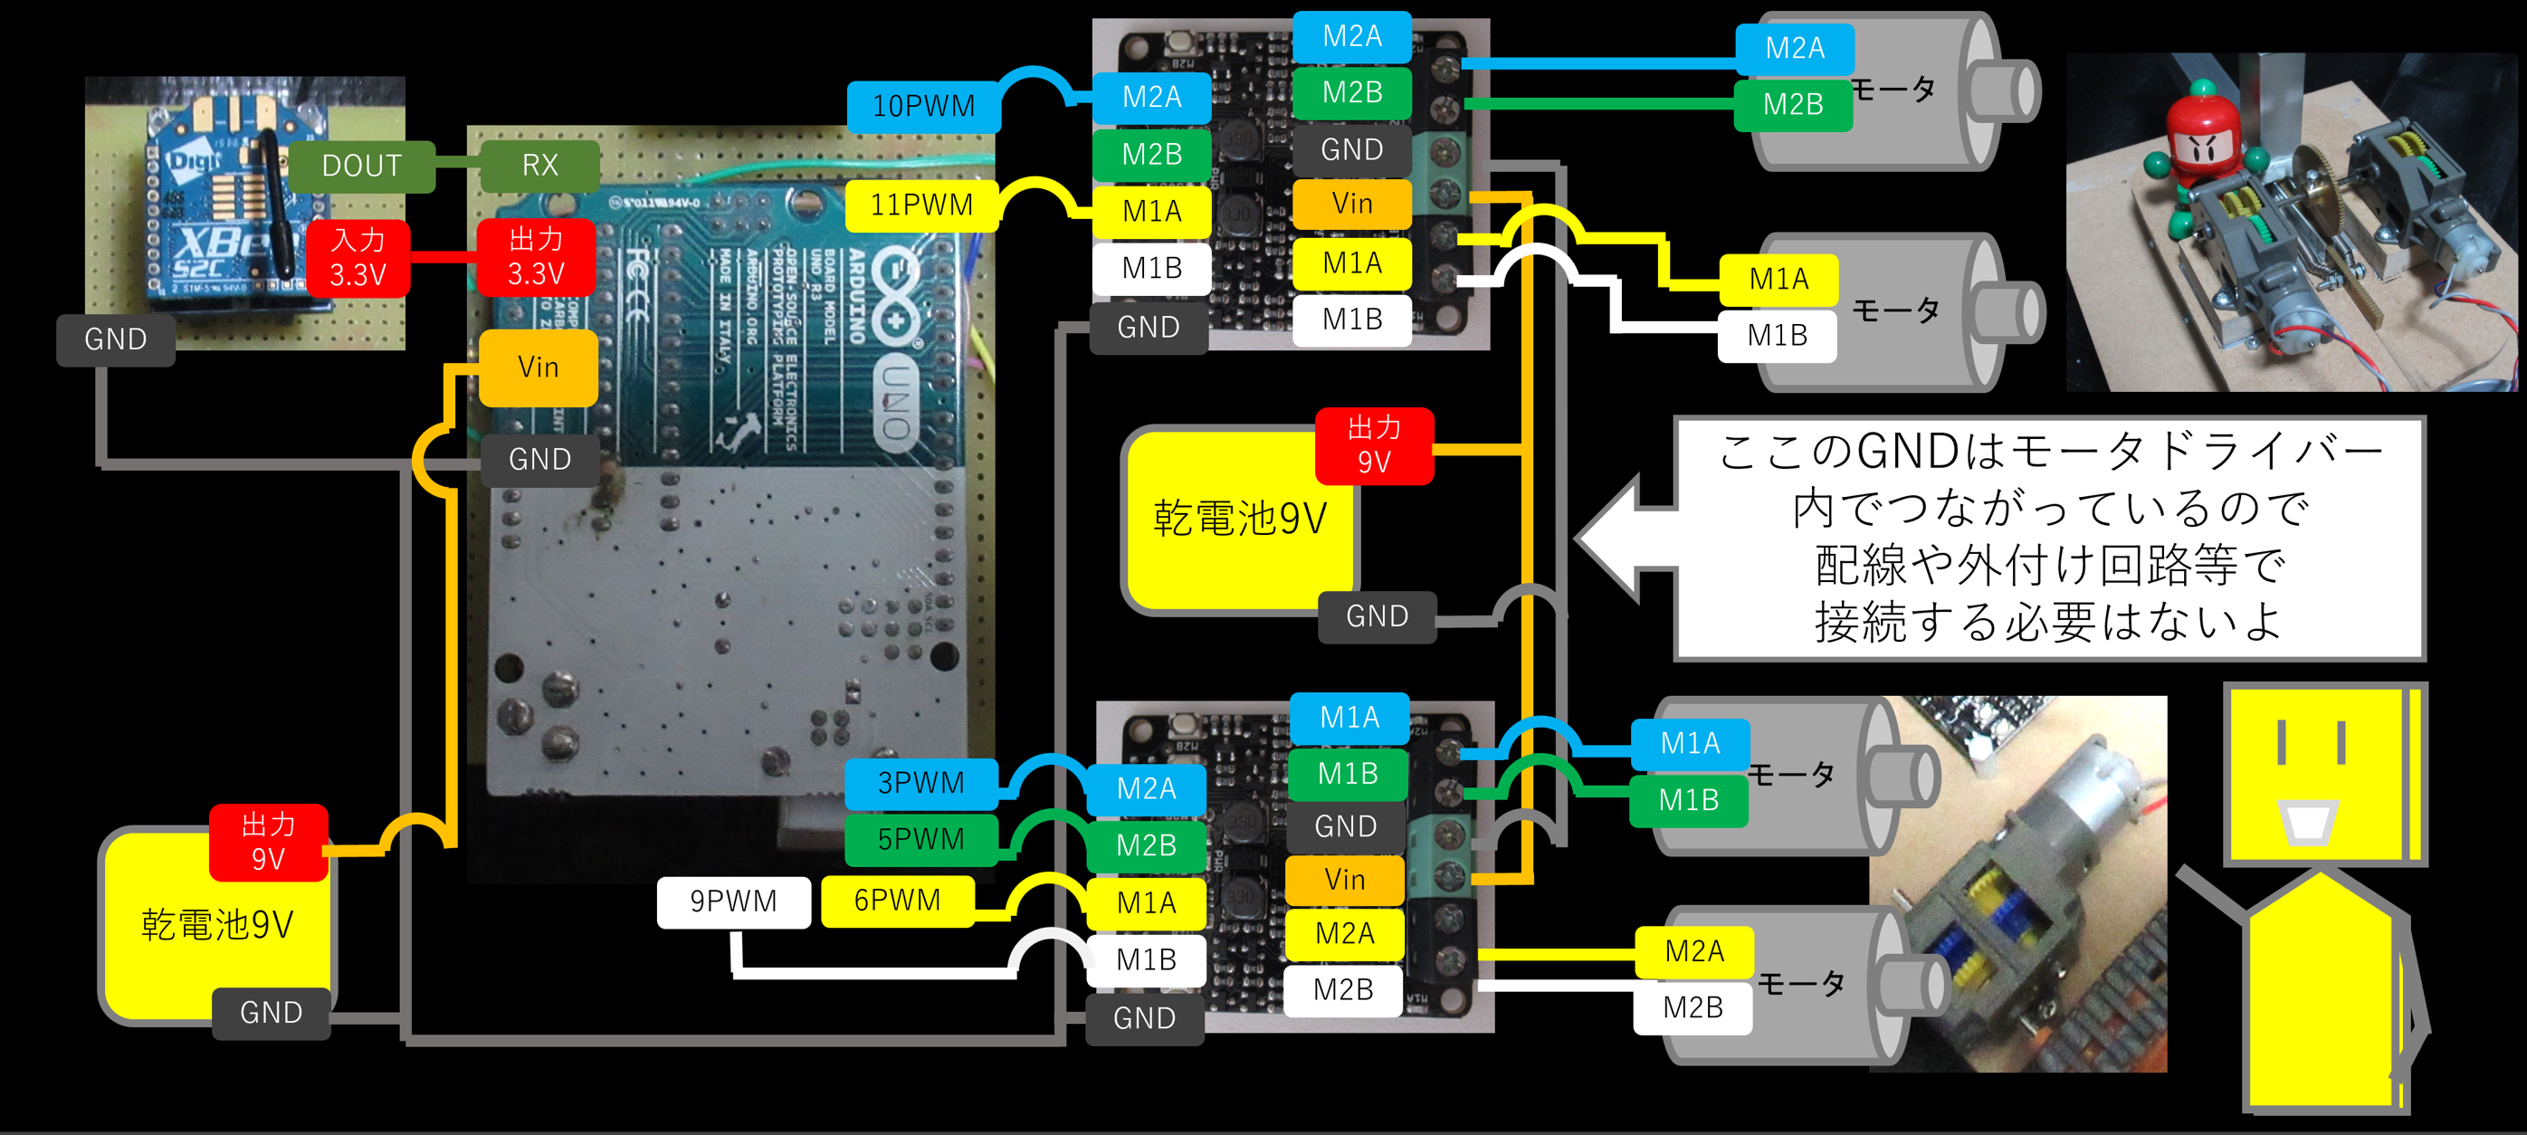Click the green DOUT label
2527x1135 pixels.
[x=361, y=166]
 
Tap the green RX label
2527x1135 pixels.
[x=539, y=166]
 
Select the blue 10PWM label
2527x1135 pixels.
[x=923, y=106]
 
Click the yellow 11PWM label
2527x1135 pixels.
[x=921, y=205]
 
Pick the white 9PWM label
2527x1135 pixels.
[x=733, y=901]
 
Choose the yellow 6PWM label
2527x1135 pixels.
[x=897, y=901]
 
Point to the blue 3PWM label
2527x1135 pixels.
[x=920, y=783]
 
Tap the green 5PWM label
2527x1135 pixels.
[x=920, y=840]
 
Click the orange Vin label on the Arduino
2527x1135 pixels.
[x=538, y=367]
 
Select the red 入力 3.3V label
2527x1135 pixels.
[x=358, y=258]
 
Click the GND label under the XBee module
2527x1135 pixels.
[x=116, y=339]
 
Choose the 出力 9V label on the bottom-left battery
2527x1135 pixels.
[x=267, y=842]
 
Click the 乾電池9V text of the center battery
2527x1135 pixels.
[x=1240, y=518]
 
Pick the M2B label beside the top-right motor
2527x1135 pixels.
[x=1792, y=105]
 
